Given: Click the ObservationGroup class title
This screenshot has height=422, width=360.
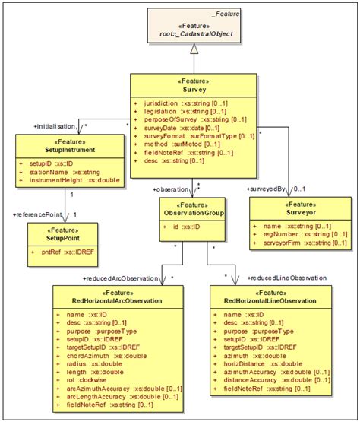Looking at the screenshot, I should [x=191, y=214].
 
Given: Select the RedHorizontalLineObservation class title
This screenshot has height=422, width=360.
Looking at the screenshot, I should [x=271, y=301].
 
